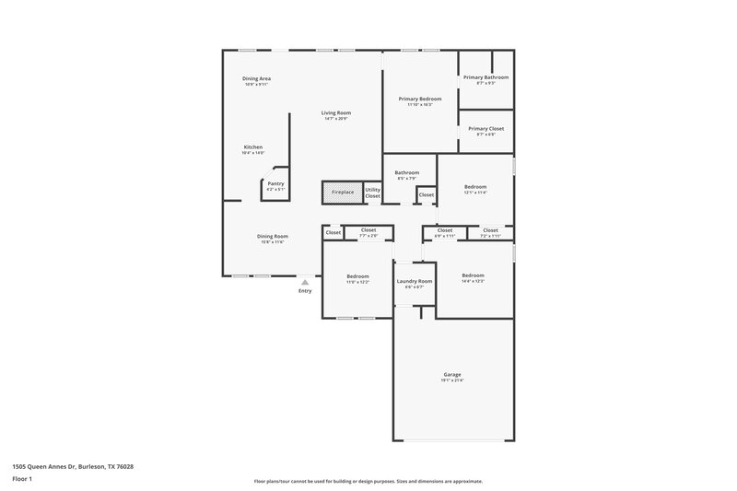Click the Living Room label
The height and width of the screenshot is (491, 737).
[x=337, y=112]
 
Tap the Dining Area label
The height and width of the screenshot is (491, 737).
[x=256, y=78]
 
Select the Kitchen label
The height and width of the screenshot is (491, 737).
[x=252, y=147]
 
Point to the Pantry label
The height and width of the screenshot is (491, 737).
[x=275, y=183]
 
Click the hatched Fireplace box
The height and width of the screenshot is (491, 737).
[x=342, y=193]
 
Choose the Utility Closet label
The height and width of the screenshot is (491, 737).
[x=372, y=193]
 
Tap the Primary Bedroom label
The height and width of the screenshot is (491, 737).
[x=419, y=99]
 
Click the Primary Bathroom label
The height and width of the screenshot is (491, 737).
[x=485, y=77]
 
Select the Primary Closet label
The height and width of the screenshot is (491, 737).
[x=485, y=129]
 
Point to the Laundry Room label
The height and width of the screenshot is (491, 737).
[x=414, y=281]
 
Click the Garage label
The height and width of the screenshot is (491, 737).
[x=451, y=374]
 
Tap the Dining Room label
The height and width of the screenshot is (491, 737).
[x=273, y=236]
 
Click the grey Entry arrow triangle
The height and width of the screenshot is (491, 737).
[x=305, y=282]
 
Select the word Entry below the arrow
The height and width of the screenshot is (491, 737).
[x=305, y=292]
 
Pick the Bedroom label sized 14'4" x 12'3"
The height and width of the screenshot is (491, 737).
[x=473, y=275]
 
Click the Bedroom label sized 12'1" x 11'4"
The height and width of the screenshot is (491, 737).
[x=474, y=187]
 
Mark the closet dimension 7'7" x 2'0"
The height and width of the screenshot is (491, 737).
[x=368, y=236]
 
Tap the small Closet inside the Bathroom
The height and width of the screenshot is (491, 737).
[x=427, y=195]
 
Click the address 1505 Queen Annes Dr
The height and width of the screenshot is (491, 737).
[x=74, y=466]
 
